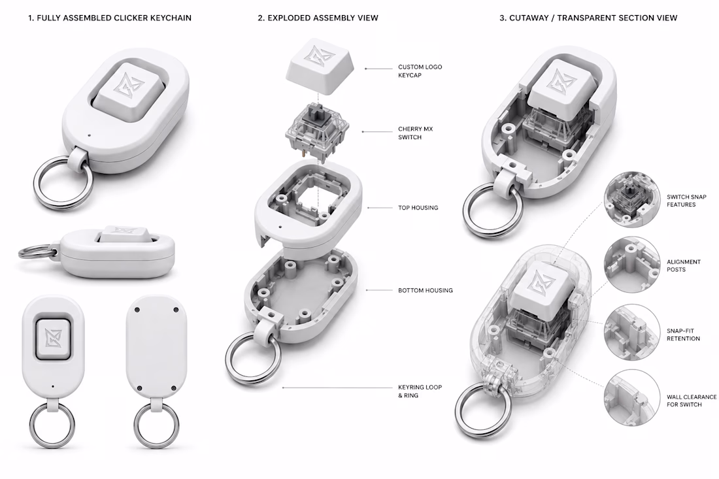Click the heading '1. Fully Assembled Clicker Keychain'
(110, 18)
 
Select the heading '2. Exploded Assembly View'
(318, 18)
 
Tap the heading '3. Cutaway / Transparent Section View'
(588, 18)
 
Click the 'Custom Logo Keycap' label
(420, 71)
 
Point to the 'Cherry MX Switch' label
(416, 133)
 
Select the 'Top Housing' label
(418, 208)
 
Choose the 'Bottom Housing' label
(426, 290)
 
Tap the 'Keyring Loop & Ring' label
(420, 391)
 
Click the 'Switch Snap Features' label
(686, 201)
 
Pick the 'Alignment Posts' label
(684, 266)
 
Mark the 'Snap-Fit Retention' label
(683, 335)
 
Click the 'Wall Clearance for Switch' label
(692, 401)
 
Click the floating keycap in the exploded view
(319, 67)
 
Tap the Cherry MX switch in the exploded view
(317, 133)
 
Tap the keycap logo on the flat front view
(53, 337)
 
